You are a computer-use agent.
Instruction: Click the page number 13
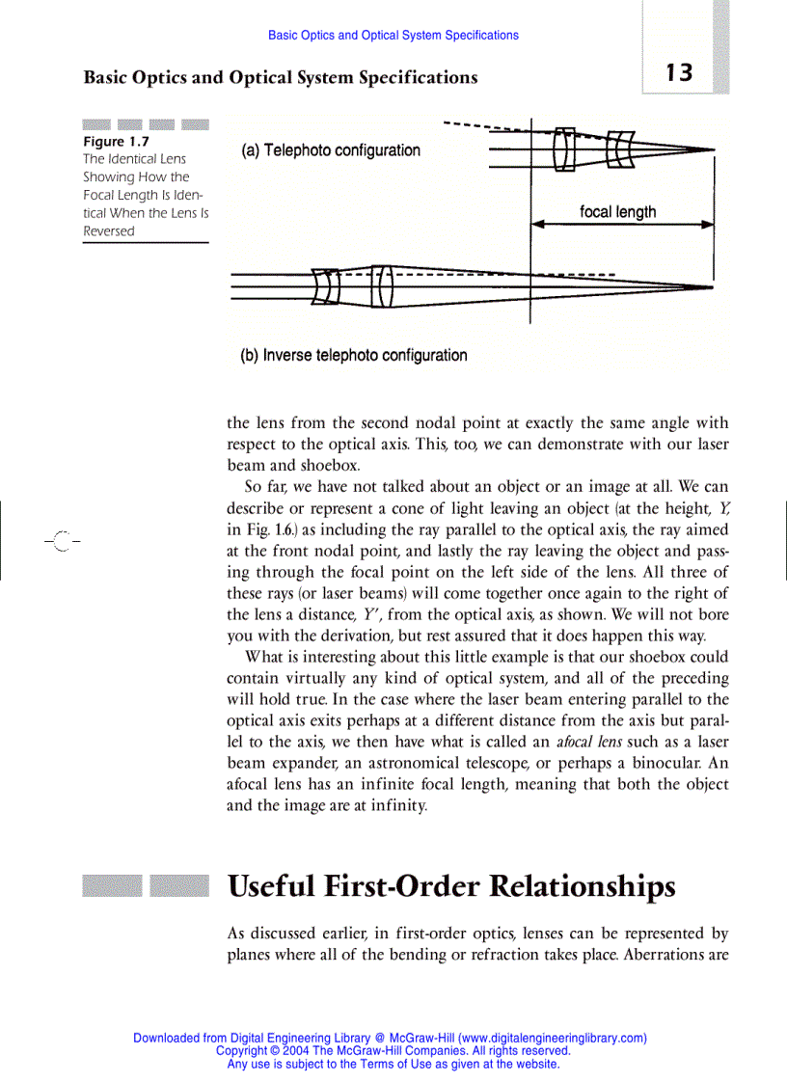pyautogui.click(x=678, y=72)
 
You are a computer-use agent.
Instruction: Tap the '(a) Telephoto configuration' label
pyautogui.click(x=330, y=150)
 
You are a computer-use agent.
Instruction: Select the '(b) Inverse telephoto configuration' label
pyautogui.click(x=353, y=355)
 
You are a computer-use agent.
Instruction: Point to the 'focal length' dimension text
pyautogui.click(x=617, y=212)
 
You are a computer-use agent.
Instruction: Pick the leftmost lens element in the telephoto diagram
pyautogui.click(x=564, y=149)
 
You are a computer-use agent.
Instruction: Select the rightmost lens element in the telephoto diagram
pyautogui.click(x=622, y=149)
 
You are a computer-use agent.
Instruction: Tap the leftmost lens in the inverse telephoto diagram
pyautogui.click(x=327, y=286)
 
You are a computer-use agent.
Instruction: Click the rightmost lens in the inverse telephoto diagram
pyautogui.click(x=383, y=286)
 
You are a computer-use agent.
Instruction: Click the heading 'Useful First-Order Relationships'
pyautogui.click(x=451, y=885)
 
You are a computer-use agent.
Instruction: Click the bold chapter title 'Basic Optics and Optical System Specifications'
pyautogui.click(x=280, y=77)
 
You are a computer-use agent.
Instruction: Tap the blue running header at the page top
pyautogui.click(x=393, y=35)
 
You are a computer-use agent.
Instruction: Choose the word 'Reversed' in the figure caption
pyautogui.click(x=109, y=231)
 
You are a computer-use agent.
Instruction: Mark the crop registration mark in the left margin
pyautogui.click(x=63, y=540)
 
